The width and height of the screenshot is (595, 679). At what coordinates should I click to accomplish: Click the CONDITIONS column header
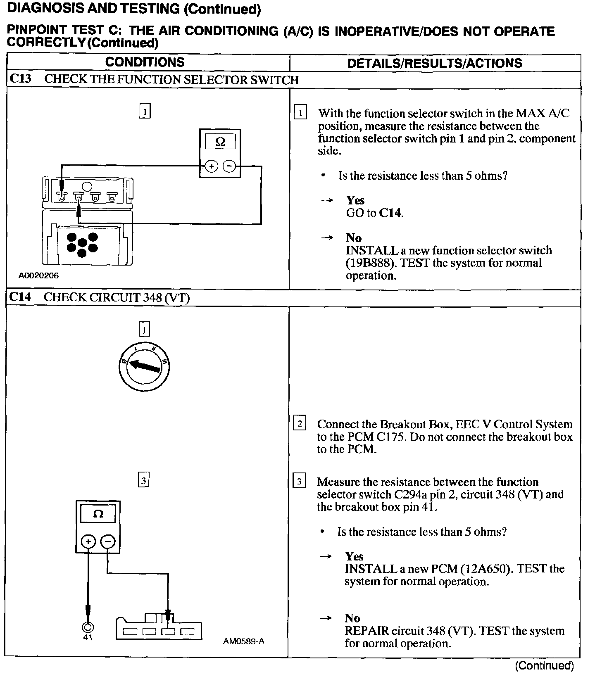[x=145, y=62]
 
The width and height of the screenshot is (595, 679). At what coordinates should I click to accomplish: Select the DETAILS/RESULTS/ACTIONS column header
[x=435, y=63]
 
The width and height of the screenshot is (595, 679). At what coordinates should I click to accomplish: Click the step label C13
[x=20, y=79]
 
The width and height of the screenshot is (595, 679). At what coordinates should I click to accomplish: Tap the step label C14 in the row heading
[x=20, y=297]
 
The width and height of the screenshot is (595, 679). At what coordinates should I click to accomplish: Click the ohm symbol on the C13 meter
[x=220, y=142]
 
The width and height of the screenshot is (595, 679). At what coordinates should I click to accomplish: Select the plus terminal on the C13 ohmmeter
[x=211, y=166]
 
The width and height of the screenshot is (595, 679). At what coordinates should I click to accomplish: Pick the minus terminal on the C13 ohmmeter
[x=229, y=166]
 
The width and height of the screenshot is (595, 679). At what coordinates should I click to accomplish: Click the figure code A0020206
[x=38, y=275]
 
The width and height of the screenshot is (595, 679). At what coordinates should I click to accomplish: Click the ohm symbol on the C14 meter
[x=98, y=514]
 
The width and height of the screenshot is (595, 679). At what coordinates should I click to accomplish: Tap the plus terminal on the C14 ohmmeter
[x=88, y=541]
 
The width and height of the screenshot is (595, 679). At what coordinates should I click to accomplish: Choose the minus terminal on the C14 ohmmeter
[x=107, y=541]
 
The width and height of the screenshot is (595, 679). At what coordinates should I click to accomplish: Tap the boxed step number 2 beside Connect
[x=299, y=424]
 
